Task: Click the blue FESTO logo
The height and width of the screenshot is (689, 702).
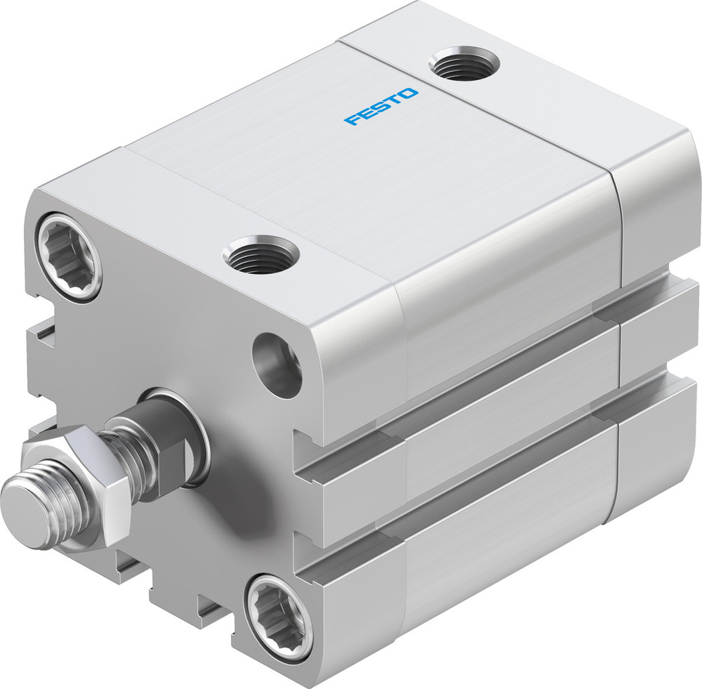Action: point(381,107)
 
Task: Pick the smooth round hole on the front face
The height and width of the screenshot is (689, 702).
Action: point(277,364)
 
